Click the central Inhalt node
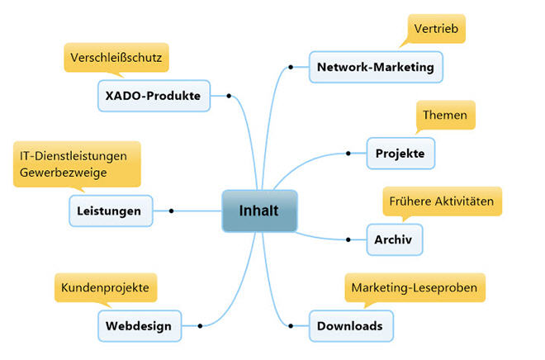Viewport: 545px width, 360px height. pyautogui.click(x=258, y=211)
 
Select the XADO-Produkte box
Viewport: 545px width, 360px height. pyautogui.click(x=153, y=95)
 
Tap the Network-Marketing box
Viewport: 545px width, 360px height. pyautogui.click(x=376, y=67)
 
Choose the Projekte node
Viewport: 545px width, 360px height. pyautogui.click(x=400, y=154)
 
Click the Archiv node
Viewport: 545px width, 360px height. pyautogui.click(x=394, y=239)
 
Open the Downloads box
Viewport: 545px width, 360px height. pyautogui.click(x=350, y=325)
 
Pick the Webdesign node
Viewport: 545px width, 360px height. pyautogui.click(x=139, y=325)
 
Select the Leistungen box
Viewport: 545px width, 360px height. pyautogui.click(x=111, y=211)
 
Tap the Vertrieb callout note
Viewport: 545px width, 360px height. pyautogui.click(x=438, y=28)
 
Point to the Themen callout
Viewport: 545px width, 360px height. pyautogui.click(x=445, y=115)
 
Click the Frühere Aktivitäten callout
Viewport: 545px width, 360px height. pyautogui.click(x=443, y=201)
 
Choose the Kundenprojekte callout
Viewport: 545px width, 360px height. pyautogui.click(x=105, y=287)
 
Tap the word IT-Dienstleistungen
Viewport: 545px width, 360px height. pyautogui.click(x=76, y=154)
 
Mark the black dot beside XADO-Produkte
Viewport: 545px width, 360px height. pyautogui.click(x=228, y=95)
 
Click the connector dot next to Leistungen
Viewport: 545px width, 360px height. pyautogui.click(x=171, y=211)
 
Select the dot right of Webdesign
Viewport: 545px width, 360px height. pyautogui.click(x=200, y=325)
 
